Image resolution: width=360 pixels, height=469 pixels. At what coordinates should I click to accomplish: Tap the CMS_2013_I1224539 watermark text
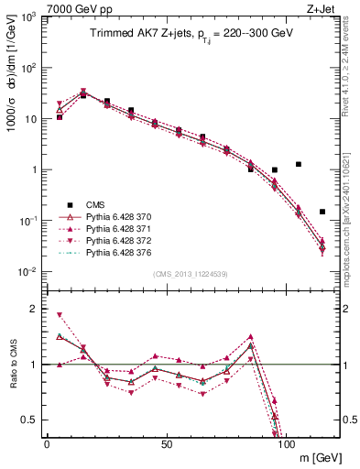point(191,274)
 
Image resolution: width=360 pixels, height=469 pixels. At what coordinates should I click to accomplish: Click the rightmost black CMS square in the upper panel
point(322,212)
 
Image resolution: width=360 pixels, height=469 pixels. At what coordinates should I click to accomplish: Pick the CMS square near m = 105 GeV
point(299,164)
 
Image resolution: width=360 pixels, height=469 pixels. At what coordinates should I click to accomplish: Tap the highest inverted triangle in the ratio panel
point(60,315)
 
